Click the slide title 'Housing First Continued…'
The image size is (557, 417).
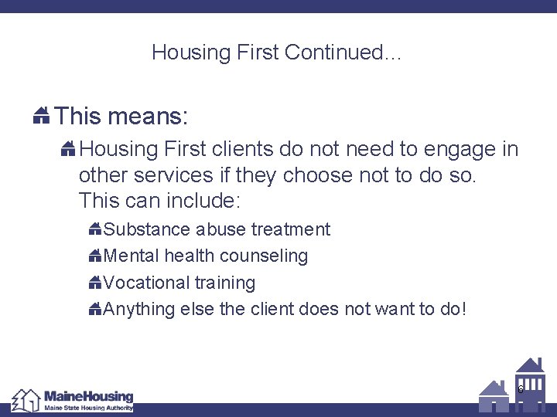click(277, 53)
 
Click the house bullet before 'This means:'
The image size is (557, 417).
click(42, 117)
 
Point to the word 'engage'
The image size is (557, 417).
click(451, 147)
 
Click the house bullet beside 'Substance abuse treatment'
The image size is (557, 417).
click(95, 229)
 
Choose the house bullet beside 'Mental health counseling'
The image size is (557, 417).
click(95, 256)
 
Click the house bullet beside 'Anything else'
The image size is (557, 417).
click(95, 310)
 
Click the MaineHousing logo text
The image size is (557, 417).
click(88, 397)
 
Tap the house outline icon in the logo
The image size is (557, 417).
click(26, 400)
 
